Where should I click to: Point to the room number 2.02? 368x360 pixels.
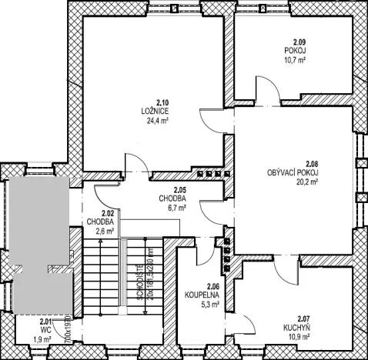click(107, 213)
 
